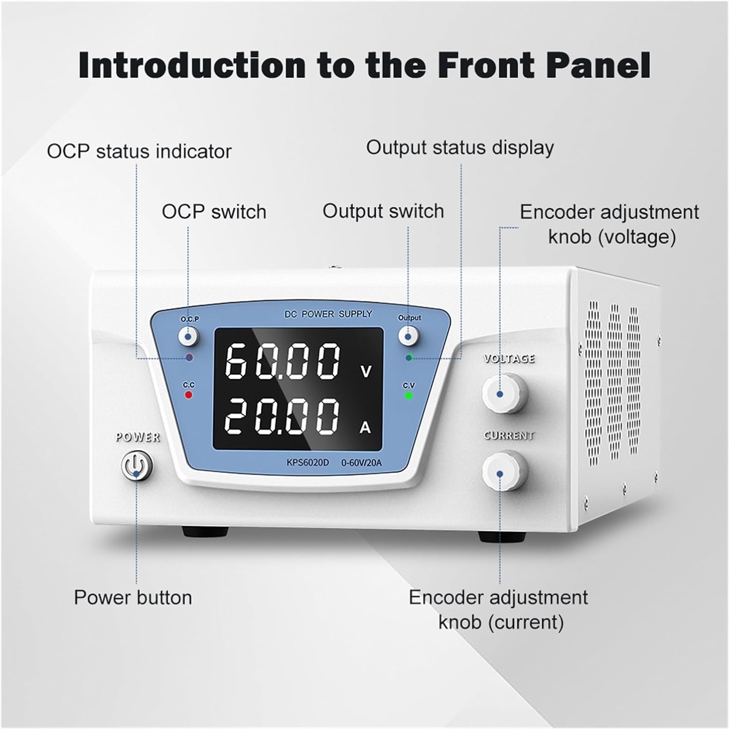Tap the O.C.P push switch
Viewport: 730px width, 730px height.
point(188,335)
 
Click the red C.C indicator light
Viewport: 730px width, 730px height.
point(188,395)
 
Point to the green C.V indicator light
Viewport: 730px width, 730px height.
point(409,395)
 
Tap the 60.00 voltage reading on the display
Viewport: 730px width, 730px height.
point(283,361)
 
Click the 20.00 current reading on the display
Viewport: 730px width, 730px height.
point(282,417)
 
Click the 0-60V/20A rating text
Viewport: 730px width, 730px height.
point(361,462)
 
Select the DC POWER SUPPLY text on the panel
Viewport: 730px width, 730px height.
point(328,314)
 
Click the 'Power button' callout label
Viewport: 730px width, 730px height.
point(133,598)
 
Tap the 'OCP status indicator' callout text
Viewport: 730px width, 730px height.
point(139,151)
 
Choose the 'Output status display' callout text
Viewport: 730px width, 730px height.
point(460,148)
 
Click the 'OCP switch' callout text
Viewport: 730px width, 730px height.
point(214,212)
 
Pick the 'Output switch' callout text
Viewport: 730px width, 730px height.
point(383,211)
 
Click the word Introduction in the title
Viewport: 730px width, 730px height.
point(192,65)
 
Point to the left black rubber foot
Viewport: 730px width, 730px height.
point(205,531)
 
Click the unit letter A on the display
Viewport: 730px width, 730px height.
point(365,427)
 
